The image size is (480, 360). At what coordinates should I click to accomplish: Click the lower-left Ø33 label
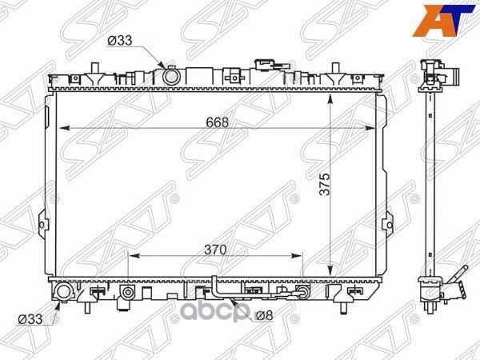(x=29, y=318)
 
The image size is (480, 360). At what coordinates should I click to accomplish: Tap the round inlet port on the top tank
(x=170, y=76)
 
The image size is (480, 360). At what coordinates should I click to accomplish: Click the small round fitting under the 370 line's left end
(x=127, y=294)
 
